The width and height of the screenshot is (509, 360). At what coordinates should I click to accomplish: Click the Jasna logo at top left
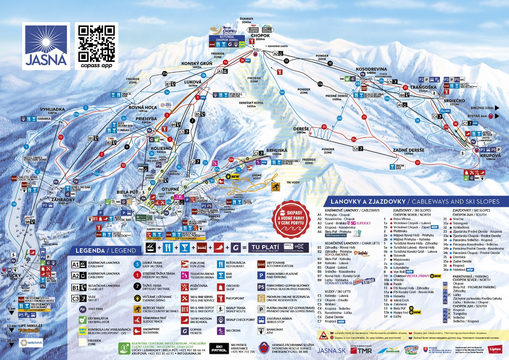point(46,46)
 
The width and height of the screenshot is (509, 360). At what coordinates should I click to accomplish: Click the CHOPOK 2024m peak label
point(260,37)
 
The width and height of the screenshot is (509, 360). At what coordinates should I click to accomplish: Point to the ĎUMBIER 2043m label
point(247,20)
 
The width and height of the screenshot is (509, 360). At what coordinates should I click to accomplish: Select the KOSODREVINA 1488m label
point(371,70)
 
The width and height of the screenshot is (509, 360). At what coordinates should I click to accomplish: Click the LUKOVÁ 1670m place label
point(193,83)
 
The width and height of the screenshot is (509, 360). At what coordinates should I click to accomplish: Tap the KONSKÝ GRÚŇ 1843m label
point(197,65)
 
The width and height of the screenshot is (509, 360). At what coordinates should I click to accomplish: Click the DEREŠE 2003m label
point(301,130)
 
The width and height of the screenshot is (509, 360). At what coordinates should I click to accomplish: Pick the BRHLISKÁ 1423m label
point(277,152)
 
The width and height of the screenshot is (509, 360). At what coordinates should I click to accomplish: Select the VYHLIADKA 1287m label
point(52,111)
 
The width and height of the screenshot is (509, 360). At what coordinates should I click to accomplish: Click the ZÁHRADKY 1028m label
point(63,201)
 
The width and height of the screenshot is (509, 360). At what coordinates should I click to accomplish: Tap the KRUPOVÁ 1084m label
point(490,157)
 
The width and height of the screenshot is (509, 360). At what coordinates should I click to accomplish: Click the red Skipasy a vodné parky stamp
point(291,219)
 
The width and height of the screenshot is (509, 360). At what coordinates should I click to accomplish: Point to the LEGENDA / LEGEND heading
point(106,251)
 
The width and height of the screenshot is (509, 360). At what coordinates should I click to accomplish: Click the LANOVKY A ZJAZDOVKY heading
point(415,201)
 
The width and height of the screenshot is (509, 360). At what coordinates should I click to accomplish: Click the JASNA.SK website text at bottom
point(331,350)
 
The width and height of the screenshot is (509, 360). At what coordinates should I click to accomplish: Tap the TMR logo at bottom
point(361,350)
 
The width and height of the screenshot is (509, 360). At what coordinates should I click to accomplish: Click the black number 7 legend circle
point(137,286)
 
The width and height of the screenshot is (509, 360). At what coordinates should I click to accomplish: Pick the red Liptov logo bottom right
point(495,349)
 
